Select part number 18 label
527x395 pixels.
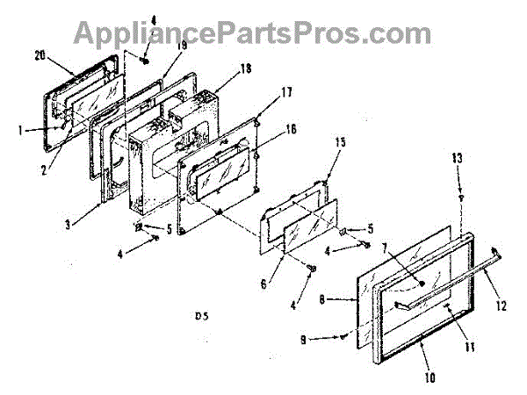[x=244, y=68]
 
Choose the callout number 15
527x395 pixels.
[x=340, y=141]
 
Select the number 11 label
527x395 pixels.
[x=468, y=348]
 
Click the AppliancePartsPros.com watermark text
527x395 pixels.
[x=250, y=32]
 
